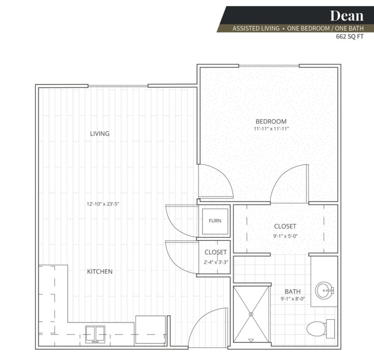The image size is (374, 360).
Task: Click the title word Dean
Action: pyautogui.click(x=347, y=16)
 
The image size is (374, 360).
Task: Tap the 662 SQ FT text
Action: pyautogui.click(x=350, y=37)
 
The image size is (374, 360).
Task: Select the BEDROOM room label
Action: pyautogui.click(x=271, y=121)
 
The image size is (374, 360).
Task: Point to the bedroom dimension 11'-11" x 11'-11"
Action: pyautogui.click(x=271, y=129)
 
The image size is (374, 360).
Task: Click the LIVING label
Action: pyautogui.click(x=100, y=134)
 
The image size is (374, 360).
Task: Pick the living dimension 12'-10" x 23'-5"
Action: pyautogui.click(x=103, y=204)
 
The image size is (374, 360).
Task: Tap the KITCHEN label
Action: pyautogui.click(x=100, y=271)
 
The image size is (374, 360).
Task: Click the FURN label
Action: pyautogui.click(x=215, y=221)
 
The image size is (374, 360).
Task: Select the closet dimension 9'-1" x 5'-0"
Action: pyautogui.click(x=285, y=236)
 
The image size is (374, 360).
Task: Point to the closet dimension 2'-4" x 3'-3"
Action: pyautogui.click(x=216, y=262)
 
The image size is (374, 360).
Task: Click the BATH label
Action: pyautogui.click(x=293, y=291)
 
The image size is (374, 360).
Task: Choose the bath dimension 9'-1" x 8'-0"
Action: pyautogui.click(x=293, y=299)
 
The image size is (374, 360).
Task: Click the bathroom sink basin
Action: pyautogui.click(x=324, y=291)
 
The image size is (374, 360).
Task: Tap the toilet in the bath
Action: pyautogui.click(x=320, y=329)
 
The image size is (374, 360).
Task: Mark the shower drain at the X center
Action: pyautogui.click(x=251, y=314)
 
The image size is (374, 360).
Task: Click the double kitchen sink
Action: pyautogui.click(x=95, y=335)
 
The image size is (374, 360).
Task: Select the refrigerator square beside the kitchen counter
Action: pyautogui.click(x=151, y=330)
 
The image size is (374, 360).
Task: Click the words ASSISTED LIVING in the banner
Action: pyautogui.click(x=256, y=29)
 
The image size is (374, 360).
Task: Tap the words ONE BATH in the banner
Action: pyautogui.click(x=349, y=29)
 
